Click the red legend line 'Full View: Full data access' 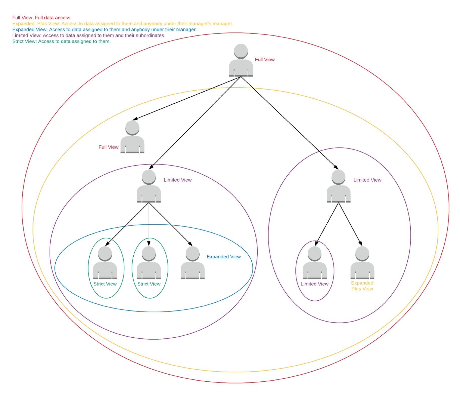click(x=41, y=18)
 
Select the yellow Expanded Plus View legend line click(x=123, y=24)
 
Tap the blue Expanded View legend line click(x=104, y=29)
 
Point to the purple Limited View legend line click(x=89, y=35)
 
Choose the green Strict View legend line click(x=61, y=42)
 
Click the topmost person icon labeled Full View click(x=241, y=60)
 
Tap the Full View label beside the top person click(x=264, y=60)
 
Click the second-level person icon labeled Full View click(x=132, y=137)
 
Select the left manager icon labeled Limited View click(x=149, y=186)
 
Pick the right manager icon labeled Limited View click(x=338, y=186)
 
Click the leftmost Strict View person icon click(x=105, y=263)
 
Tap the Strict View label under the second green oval click(x=149, y=284)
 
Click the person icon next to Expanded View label click(x=193, y=263)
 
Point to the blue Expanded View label click(x=223, y=257)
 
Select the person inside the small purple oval click(x=315, y=263)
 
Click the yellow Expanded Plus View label click(x=362, y=286)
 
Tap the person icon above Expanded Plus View click(x=362, y=263)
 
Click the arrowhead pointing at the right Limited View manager click(x=336, y=167)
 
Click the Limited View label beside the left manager click(x=177, y=180)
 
